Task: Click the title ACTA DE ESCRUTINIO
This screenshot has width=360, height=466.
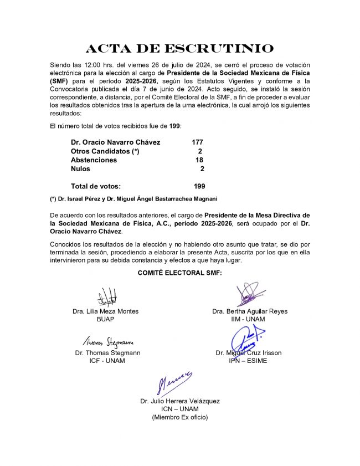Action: tap(180, 49)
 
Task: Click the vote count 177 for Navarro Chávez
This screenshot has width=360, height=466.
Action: tap(197, 142)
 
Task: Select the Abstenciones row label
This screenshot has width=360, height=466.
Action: tap(94, 160)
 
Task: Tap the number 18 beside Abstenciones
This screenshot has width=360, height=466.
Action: tap(199, 160)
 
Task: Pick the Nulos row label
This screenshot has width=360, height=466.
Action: tap(80, 169)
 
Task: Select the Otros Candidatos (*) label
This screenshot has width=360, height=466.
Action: tap(105, 151)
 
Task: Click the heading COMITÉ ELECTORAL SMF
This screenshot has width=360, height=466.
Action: tap(179, 273)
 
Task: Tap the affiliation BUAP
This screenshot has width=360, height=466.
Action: tap(105, 319)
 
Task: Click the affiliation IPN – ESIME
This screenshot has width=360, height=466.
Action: tap(249, 361)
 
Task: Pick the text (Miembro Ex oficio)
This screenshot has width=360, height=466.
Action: tap(179, 417)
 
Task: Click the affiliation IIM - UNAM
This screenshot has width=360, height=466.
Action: tap(249, 319)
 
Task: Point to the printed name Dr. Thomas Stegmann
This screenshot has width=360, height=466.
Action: tap(107, 352)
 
